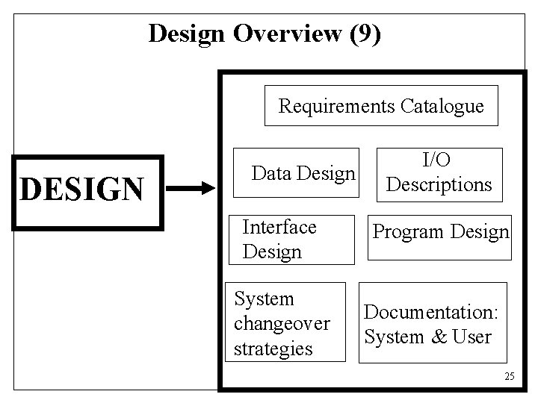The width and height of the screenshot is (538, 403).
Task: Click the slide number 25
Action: pyautogui.click(x=510, y=375)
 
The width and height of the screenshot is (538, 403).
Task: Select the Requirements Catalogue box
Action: pyautogui.click(x=381, y=107)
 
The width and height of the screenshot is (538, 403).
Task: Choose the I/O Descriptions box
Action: pyautogui.click(x=439, y=172)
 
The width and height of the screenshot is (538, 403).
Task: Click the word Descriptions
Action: pyautogui.click(x=439, y=184)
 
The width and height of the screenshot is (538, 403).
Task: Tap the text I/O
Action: pyautogui.click(x=439, y=160)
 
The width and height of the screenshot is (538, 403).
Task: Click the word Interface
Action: pyautogui.click(x=279, y=227)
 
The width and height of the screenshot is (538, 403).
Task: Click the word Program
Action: pyautogui.click(x=404, y=233)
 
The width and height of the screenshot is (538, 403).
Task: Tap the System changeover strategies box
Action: pyautogui.click(x=285, y=322)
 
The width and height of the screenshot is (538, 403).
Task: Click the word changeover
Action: pyautogui.click(x=281, y=324)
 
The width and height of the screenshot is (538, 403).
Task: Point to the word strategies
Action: pyautogui.click(x=273, y=349)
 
